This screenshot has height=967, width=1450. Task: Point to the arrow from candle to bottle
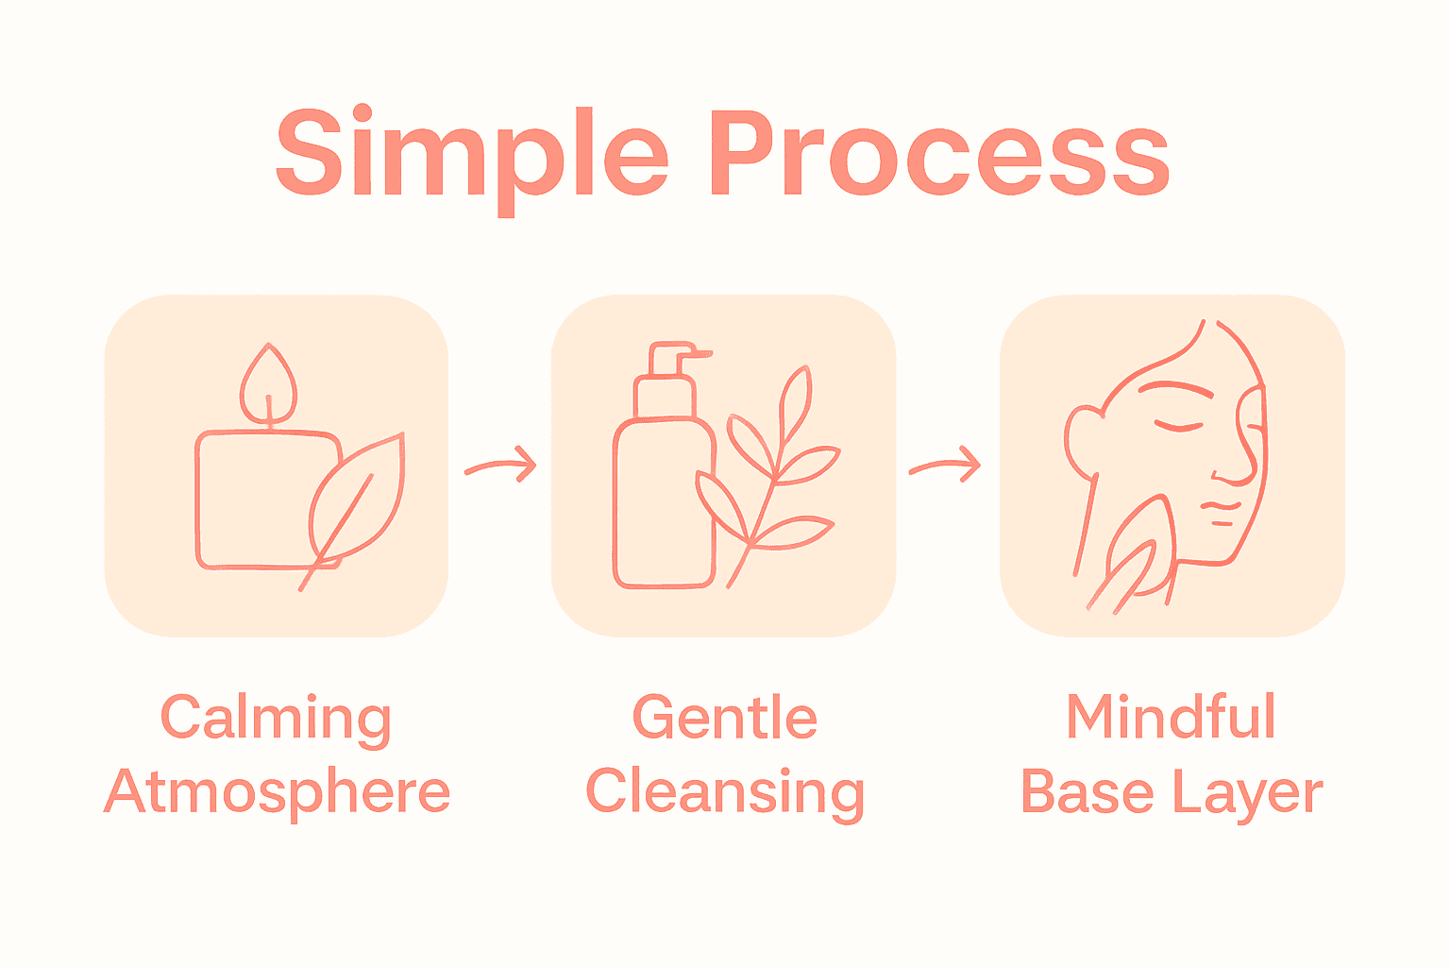click(500, 466)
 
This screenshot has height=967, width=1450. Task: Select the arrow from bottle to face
click(945, 466)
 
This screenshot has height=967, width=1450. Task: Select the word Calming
click(276, 720)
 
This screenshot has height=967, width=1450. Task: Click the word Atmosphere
click(277, 793)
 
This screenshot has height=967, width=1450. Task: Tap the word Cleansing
click(725, 793)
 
